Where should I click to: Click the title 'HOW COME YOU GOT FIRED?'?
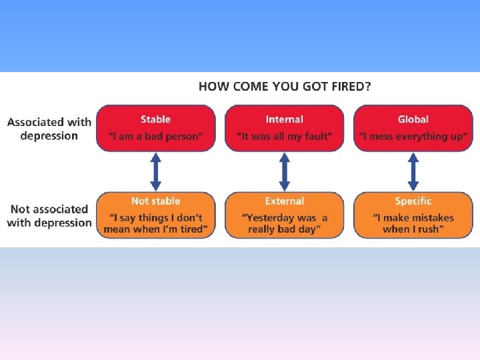[285, 86]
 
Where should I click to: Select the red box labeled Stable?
[156, 127]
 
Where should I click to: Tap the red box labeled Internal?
[285, 127]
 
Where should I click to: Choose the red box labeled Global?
[413, 127]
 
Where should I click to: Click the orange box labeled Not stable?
[156, 215]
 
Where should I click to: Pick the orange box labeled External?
[285, 215]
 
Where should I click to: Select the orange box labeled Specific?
[413, 215]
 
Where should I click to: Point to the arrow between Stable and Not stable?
[156, 172]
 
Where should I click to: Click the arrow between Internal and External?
[285, 172]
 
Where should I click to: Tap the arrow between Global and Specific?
[413, 172]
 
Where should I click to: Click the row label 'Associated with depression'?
[49, 129]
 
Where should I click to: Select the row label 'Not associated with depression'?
[49, 216]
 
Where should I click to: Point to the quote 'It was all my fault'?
[285, 137]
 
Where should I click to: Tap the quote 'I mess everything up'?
[413, 137]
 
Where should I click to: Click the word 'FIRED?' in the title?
[353, 86]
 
